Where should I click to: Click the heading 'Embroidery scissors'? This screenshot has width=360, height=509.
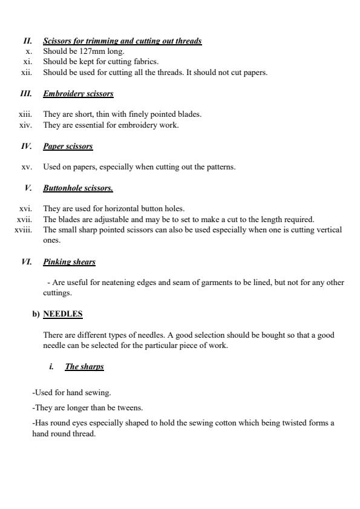tap(78, 94)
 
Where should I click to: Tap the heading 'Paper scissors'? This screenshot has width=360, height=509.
tap(68, 146)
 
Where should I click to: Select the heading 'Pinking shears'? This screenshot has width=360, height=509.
tap(69, 262)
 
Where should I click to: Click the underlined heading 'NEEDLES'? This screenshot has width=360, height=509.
tap(63, 314)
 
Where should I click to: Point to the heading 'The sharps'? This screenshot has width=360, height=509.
tap(84, 367)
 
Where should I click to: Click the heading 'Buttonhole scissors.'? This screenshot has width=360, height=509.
tap(78, 188)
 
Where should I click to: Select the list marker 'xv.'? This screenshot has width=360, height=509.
tap(27, 167)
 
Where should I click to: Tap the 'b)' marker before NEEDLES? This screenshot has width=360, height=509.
tap(36, 314)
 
